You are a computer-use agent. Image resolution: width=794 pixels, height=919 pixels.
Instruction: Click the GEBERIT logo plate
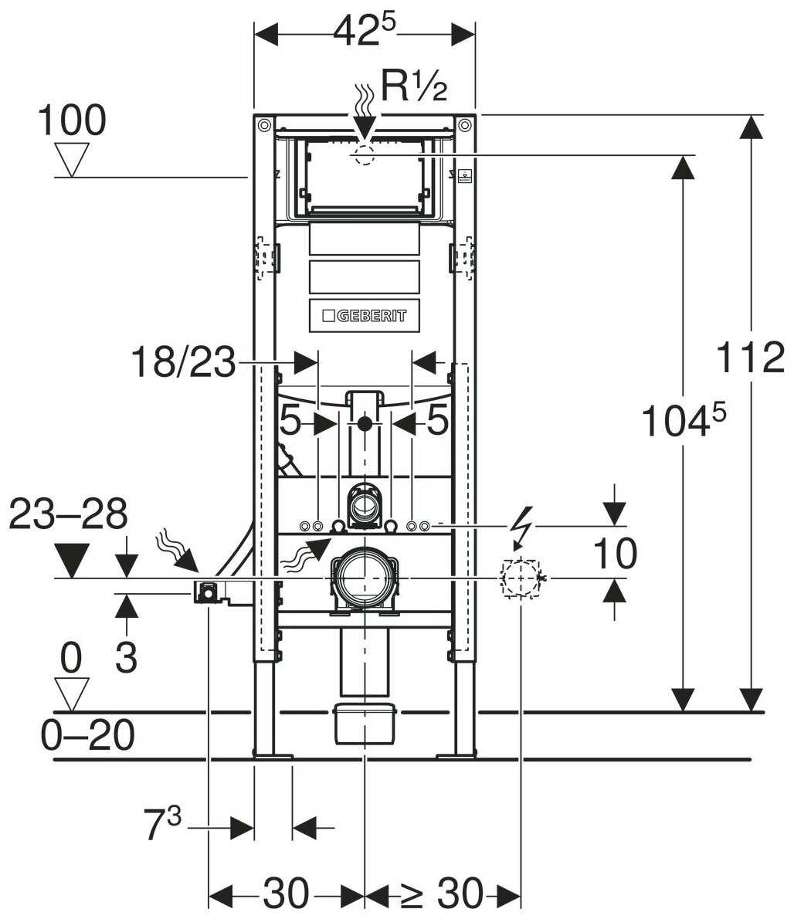point(364,315)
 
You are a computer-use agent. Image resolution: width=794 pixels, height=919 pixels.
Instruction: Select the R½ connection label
point(414,86)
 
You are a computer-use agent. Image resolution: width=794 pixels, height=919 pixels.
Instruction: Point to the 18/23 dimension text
point(183,361)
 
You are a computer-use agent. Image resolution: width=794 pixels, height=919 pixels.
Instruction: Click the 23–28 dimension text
point(69,514)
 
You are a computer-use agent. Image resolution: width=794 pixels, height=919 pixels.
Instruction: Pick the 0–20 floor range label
point(87,734)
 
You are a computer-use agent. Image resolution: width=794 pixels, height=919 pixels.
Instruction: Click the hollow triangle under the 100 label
point(72,159)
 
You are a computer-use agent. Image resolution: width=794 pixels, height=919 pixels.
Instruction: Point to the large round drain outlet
point(365,578)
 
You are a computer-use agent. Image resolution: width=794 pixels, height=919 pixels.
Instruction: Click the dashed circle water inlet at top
point(365,154)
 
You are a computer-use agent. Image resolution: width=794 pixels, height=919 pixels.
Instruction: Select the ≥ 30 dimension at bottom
point(443,894)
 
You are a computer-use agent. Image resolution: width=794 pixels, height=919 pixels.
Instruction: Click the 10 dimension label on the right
point(616,553)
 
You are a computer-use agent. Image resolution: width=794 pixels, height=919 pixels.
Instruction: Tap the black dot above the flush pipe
point(365,422)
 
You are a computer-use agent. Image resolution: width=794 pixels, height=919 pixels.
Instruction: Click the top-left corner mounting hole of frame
point(263,125)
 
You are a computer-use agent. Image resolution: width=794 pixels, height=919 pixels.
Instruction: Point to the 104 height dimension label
point(684,419)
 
